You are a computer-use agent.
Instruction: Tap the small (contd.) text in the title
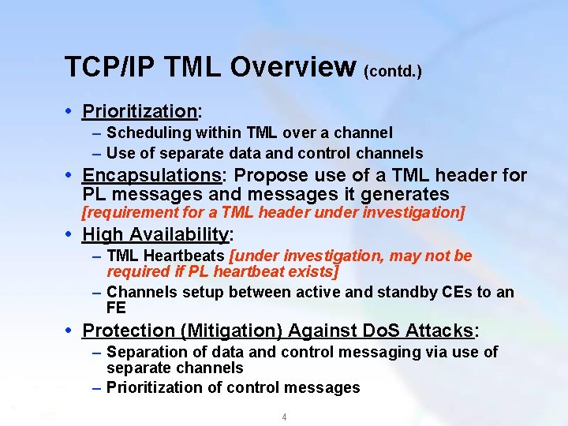(x=392, y=72)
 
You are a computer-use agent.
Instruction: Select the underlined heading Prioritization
(x=139, y=111)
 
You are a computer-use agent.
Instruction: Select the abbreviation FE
(x=116, y=308)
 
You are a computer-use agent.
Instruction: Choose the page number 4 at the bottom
(x=284, y=417)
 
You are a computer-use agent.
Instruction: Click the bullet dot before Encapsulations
(x=72, y=175)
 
